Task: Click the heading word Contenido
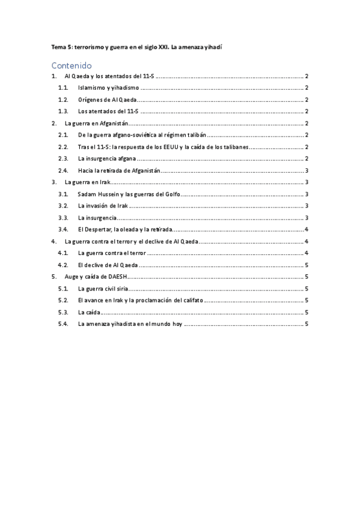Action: [72, 65]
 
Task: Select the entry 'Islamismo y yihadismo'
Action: [108, 88]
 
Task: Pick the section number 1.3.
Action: [63, 111]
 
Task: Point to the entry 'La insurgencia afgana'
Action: [106, 158]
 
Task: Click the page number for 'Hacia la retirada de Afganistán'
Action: [307, 170]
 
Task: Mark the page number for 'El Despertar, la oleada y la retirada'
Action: [307, 229]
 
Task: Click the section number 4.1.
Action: [63, 253]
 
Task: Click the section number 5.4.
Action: [63, 324]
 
